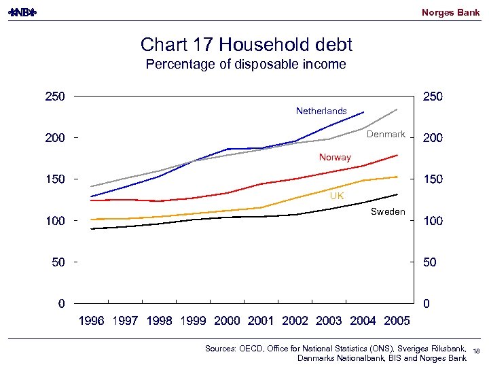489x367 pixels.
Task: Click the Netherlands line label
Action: pyautogui.click(x=321, y=111)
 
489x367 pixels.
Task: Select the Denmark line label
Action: pyautogui.click(x=386, y=134)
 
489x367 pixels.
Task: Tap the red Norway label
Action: pyautogui.click(x=335, y=157)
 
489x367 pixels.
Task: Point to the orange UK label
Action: pyautogui.click(x=337, y=196)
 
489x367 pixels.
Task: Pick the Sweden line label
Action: pyautogui.click(x=388, y=211)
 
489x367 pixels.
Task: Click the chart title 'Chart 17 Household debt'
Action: pyautogui.click(x=246, y=45)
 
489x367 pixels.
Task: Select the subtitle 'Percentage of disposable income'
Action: pyautogui.click(x=246, y=65)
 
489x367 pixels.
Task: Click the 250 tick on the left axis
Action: pyautogui.click(x=55, y=97)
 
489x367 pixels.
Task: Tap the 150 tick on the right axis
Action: pyautogui.click(x=433, y=179)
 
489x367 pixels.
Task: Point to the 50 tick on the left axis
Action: pyautogui.click(x=58, y=262)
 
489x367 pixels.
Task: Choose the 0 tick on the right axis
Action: pyautogui.click(x=427, y=304)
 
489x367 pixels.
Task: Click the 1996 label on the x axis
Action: pyautogui.click(x=92, y=321)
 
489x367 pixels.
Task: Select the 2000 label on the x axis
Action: pyautogui.click(x=227, y=321)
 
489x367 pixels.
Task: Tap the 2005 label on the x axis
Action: pyautogui.click(x=397, y=321)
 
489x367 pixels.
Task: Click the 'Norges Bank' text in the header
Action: pyautogui.click(x=450, y=12)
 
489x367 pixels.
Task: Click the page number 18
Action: pyautogui.click(x=476, y=351)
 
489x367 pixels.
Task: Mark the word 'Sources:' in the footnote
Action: pyautogui.click(x=221, y=348)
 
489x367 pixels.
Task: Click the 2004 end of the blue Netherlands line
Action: pyautogui.click(x=363, y=112)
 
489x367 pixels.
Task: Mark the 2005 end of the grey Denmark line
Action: pyautogui.click(x=397, y=109)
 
